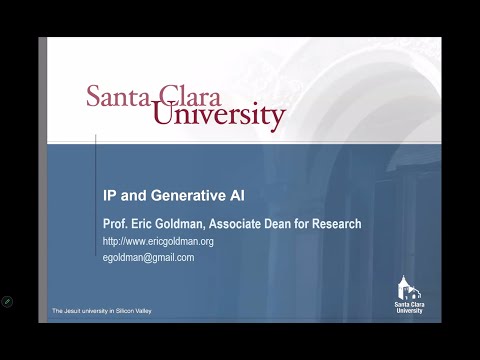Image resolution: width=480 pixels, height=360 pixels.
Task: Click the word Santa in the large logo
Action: coord(117,97)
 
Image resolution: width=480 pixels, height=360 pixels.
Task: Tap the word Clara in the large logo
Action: coord(186,97)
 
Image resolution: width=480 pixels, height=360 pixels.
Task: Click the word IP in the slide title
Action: coord(110,196)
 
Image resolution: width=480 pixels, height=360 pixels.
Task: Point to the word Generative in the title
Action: coord(172,196)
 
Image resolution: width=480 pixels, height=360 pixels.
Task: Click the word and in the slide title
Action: coord(131,196)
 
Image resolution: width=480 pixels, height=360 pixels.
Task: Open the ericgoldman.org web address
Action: coord(158,242)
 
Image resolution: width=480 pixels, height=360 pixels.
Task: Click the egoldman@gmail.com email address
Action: coord(148,257)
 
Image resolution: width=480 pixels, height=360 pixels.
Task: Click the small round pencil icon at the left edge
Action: coord(8,300)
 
